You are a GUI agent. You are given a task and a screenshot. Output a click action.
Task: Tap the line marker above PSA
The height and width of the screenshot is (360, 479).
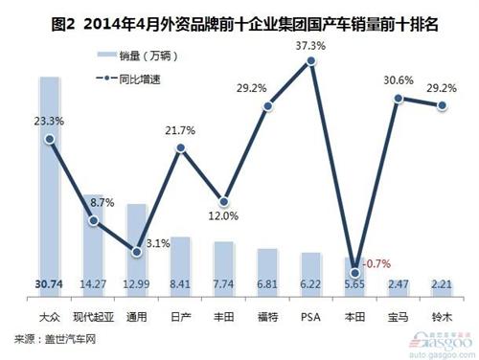pyautogui.click(x=311, y=61)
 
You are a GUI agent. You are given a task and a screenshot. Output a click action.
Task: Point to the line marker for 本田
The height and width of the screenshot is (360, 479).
pyautogui.click(x=355, y=272)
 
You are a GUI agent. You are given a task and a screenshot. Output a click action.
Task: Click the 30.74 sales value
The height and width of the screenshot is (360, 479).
pyautogui.click(x=50, y=284)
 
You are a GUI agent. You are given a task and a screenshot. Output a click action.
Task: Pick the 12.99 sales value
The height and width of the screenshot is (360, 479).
pyautogui.click(x=137, y=284)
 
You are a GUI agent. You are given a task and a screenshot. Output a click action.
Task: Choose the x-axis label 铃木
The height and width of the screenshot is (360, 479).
pyautogui.click(x=442, y=314)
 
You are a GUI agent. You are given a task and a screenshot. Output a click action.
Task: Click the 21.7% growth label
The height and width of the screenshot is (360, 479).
pyautogui.click(x=181, y=130)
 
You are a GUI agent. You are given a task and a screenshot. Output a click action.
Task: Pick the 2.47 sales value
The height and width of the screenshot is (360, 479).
pyautogui.click(x=399, y=284)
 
